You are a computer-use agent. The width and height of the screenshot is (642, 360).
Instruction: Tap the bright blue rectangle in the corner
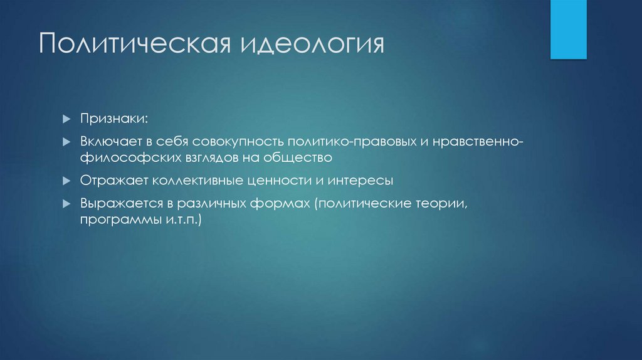click(x=568, y=29)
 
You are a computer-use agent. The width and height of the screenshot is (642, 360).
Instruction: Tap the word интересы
click(x=361, y=181)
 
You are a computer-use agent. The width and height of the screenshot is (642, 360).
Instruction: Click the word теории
click(x=444, y=204)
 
